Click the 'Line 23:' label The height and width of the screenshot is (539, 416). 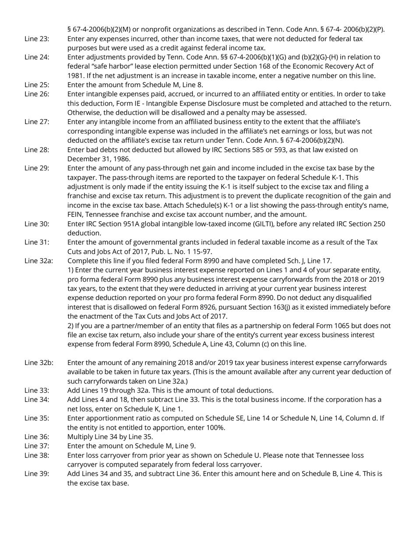click(x=37, y=39)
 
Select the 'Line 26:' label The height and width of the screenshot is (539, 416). click(x=37, y=94)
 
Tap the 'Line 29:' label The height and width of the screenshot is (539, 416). click(x=37, y=168)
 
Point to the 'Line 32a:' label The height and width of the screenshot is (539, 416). click(x=39, y=261)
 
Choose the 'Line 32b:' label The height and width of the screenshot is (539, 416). click(x=39, y=363)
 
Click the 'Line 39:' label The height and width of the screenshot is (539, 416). click(x=37, y=474)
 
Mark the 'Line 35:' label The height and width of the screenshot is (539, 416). click(x=37, y=418)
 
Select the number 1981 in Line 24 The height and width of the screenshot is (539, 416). click(x=75, y=76)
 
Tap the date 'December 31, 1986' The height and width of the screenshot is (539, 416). click(x=99, y=159)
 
